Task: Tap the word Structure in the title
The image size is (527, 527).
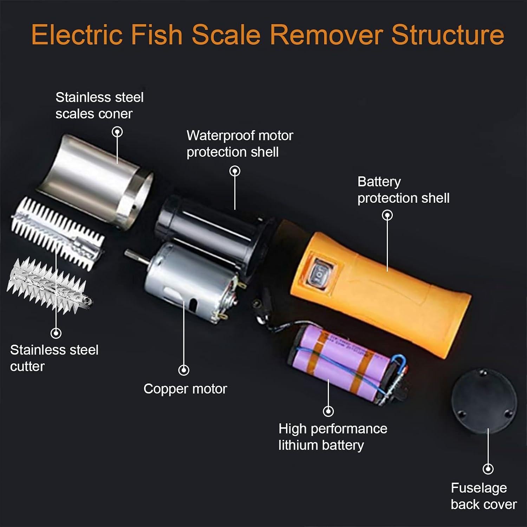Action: point(448,34)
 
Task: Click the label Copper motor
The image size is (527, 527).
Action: point(185,389)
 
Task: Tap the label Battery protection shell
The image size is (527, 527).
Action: point(403,190)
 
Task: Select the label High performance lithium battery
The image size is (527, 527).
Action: point(332,437)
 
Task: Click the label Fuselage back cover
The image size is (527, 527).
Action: point(483,496)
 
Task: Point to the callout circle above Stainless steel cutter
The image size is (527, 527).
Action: point(56,333)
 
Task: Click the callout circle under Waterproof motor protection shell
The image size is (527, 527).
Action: point(235,171)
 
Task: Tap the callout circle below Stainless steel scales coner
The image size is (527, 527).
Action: point(117,132)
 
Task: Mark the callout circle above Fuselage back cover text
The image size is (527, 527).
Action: point(488,469)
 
